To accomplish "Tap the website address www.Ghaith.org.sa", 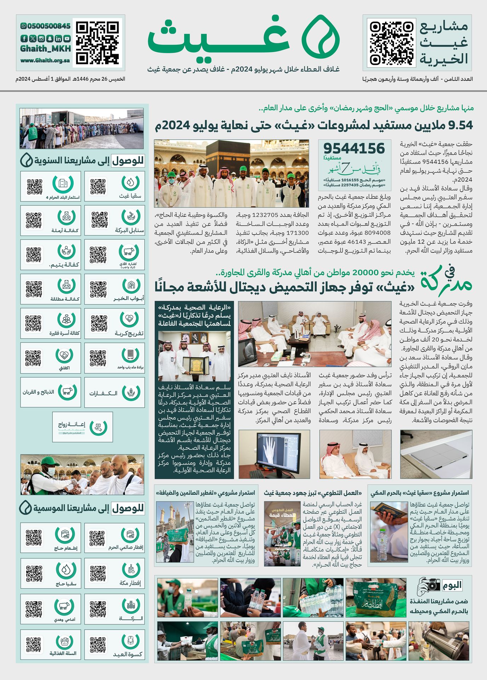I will click(45, 60).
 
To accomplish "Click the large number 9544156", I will click(354, 148).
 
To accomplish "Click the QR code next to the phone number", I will click(97, 43).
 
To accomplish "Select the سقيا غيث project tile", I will click(115, 186).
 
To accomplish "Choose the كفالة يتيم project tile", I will click(51, 255).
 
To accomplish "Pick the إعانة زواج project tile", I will click(82, 427).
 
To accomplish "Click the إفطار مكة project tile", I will click(115, 574).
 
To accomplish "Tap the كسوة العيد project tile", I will click(115, 644).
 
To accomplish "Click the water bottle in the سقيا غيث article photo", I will click(382, 544).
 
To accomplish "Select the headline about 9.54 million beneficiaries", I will click(314, 125).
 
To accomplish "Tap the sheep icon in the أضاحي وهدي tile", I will click(64, 606).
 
